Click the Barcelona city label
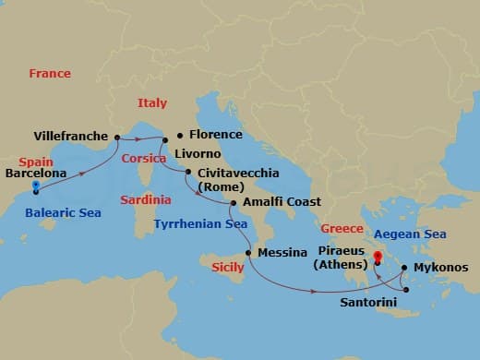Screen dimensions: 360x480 [x=35, y=171]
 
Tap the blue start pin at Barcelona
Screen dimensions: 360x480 [x=35, y=186]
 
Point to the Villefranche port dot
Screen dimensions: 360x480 [x=116, y=136]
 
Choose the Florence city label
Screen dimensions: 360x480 [x=215, y=134]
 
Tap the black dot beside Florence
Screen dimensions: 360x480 [x=179, y=134]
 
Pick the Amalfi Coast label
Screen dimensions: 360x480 [x=282, y=201]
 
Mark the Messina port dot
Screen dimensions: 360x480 [x=247, y=251]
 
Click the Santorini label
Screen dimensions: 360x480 [x=369, y=301]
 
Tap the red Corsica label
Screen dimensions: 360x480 [x=143, y=159]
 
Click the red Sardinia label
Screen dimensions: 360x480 [x=145, y=199]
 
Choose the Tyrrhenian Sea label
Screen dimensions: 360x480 [x=200, y=223]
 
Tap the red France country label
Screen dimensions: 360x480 [x=50, y=73]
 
